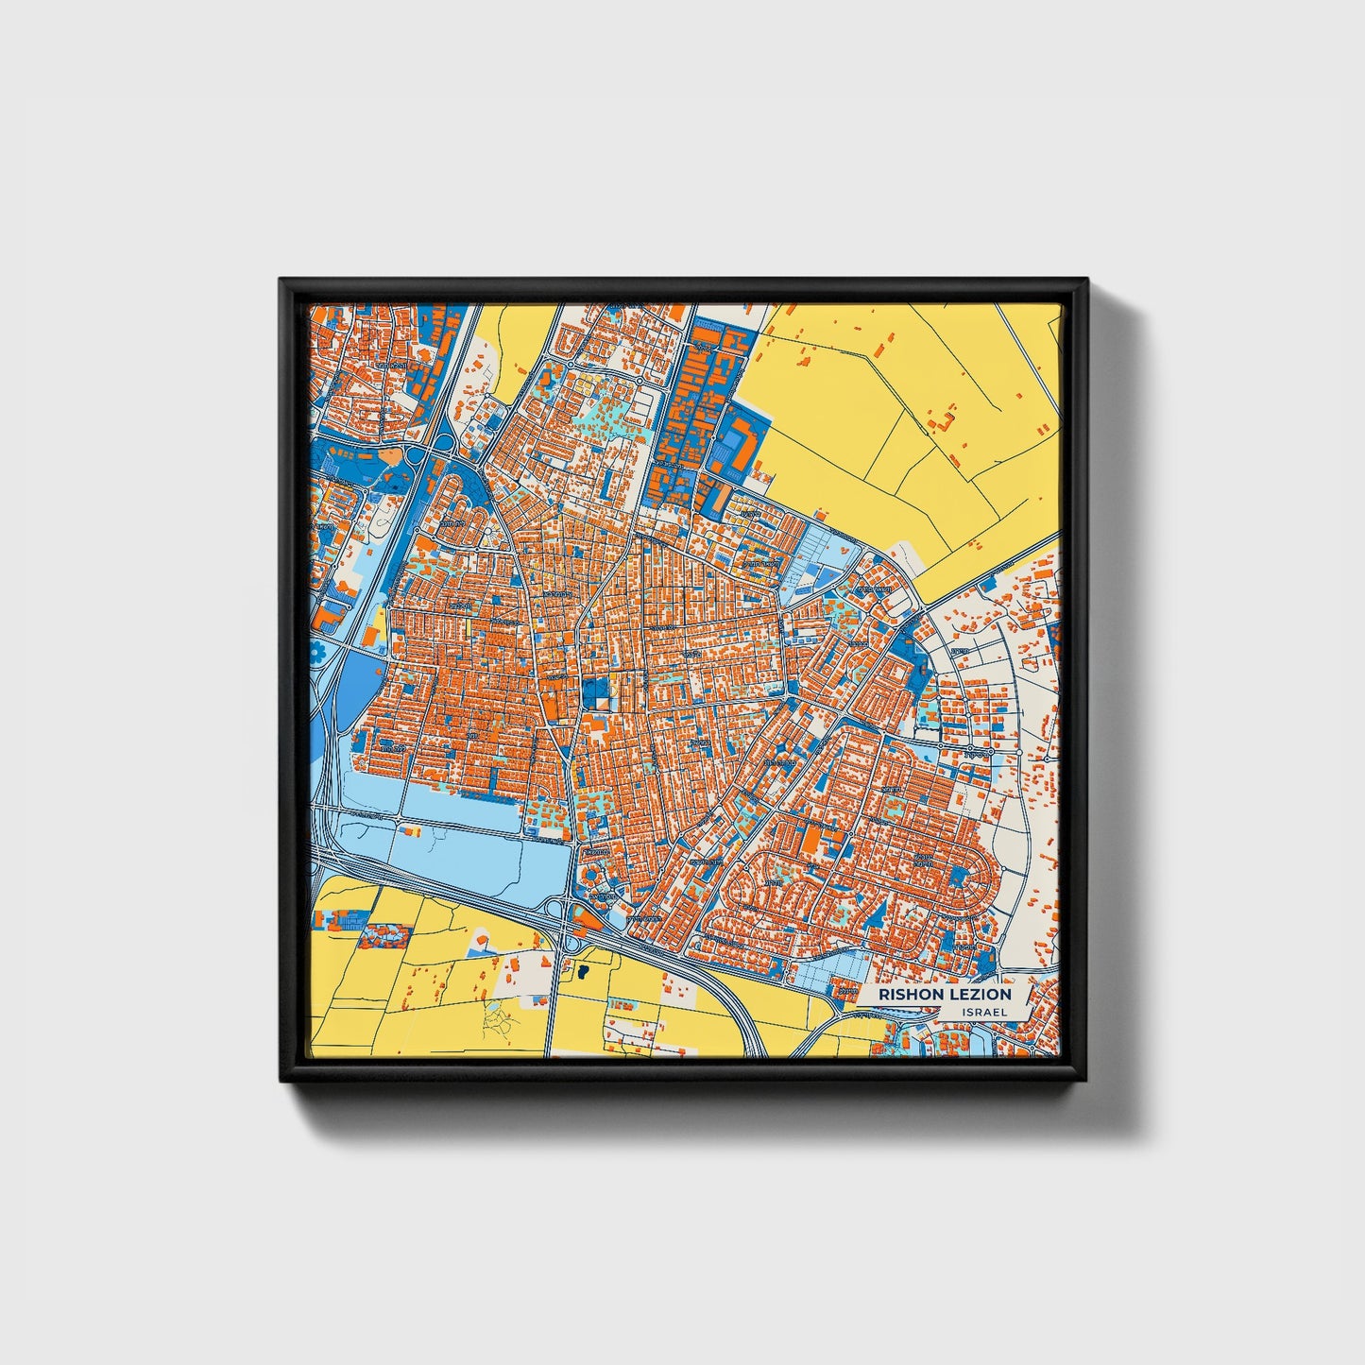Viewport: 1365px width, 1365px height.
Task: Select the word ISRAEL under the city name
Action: click(x=984, y=1012)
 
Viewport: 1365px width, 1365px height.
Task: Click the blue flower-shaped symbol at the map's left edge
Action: click(x=319, y=653)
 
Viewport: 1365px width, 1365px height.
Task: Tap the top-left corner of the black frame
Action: click(x=282, y=281)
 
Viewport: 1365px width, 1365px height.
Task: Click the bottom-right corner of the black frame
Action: click(x=1085, y=1080)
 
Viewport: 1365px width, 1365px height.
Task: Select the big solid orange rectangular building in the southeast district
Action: click(x=810, y=838)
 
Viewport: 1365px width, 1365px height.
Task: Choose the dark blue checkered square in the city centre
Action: click(x=595, y=694)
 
